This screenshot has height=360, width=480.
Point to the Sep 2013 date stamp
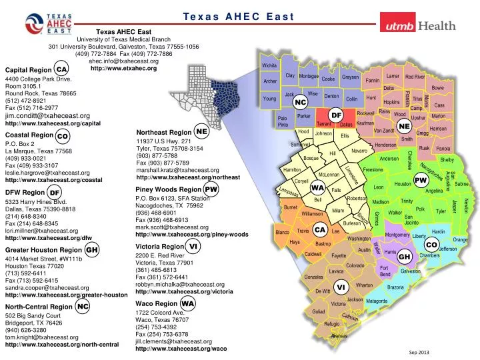point(419,352)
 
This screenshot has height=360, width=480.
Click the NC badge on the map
point(301,102)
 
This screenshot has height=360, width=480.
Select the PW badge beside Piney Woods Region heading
point(211,189)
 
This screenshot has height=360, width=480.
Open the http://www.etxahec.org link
point(123,68)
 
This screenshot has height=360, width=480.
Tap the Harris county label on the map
point(391,253)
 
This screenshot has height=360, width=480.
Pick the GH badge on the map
point(404,257)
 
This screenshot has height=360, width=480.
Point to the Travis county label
point(302,231)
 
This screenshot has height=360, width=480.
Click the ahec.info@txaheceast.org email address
point(123,61)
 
